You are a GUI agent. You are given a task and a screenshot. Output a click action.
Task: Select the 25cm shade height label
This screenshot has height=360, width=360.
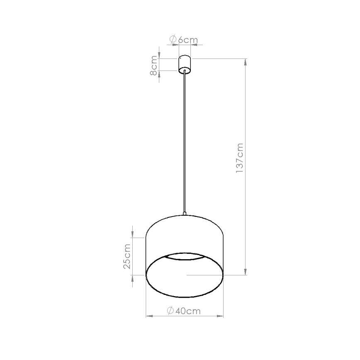(127, 256)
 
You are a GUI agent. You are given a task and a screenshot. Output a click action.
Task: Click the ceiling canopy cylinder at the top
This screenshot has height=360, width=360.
(185, 63)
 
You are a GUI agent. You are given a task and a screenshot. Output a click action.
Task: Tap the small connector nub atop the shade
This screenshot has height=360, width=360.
(185, 214)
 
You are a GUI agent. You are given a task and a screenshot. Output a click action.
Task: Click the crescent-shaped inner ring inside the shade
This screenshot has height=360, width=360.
(185, 256)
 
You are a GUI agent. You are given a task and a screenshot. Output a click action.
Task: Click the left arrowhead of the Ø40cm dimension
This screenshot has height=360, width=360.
(149, 316)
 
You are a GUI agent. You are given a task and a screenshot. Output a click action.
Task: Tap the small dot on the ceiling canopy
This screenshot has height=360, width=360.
(181, 59)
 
